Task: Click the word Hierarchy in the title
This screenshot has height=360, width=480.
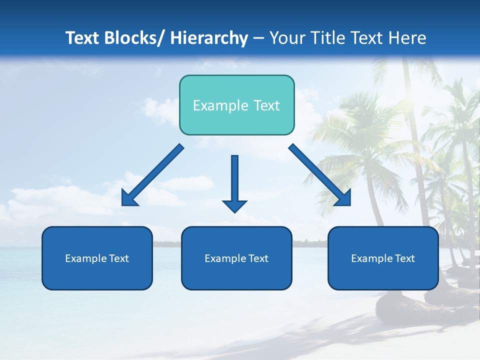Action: (209, 38)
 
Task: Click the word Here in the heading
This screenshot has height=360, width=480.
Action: (407, 38)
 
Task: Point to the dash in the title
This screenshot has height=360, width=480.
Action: (258, 38)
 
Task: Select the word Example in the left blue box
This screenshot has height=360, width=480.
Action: (85, 258)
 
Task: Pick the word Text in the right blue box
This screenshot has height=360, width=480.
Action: (404, 258)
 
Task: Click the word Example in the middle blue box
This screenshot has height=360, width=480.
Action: (224, 258)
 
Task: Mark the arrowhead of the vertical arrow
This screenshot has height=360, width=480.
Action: (234, 206)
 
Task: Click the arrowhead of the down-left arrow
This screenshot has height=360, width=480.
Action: (128, 199)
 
